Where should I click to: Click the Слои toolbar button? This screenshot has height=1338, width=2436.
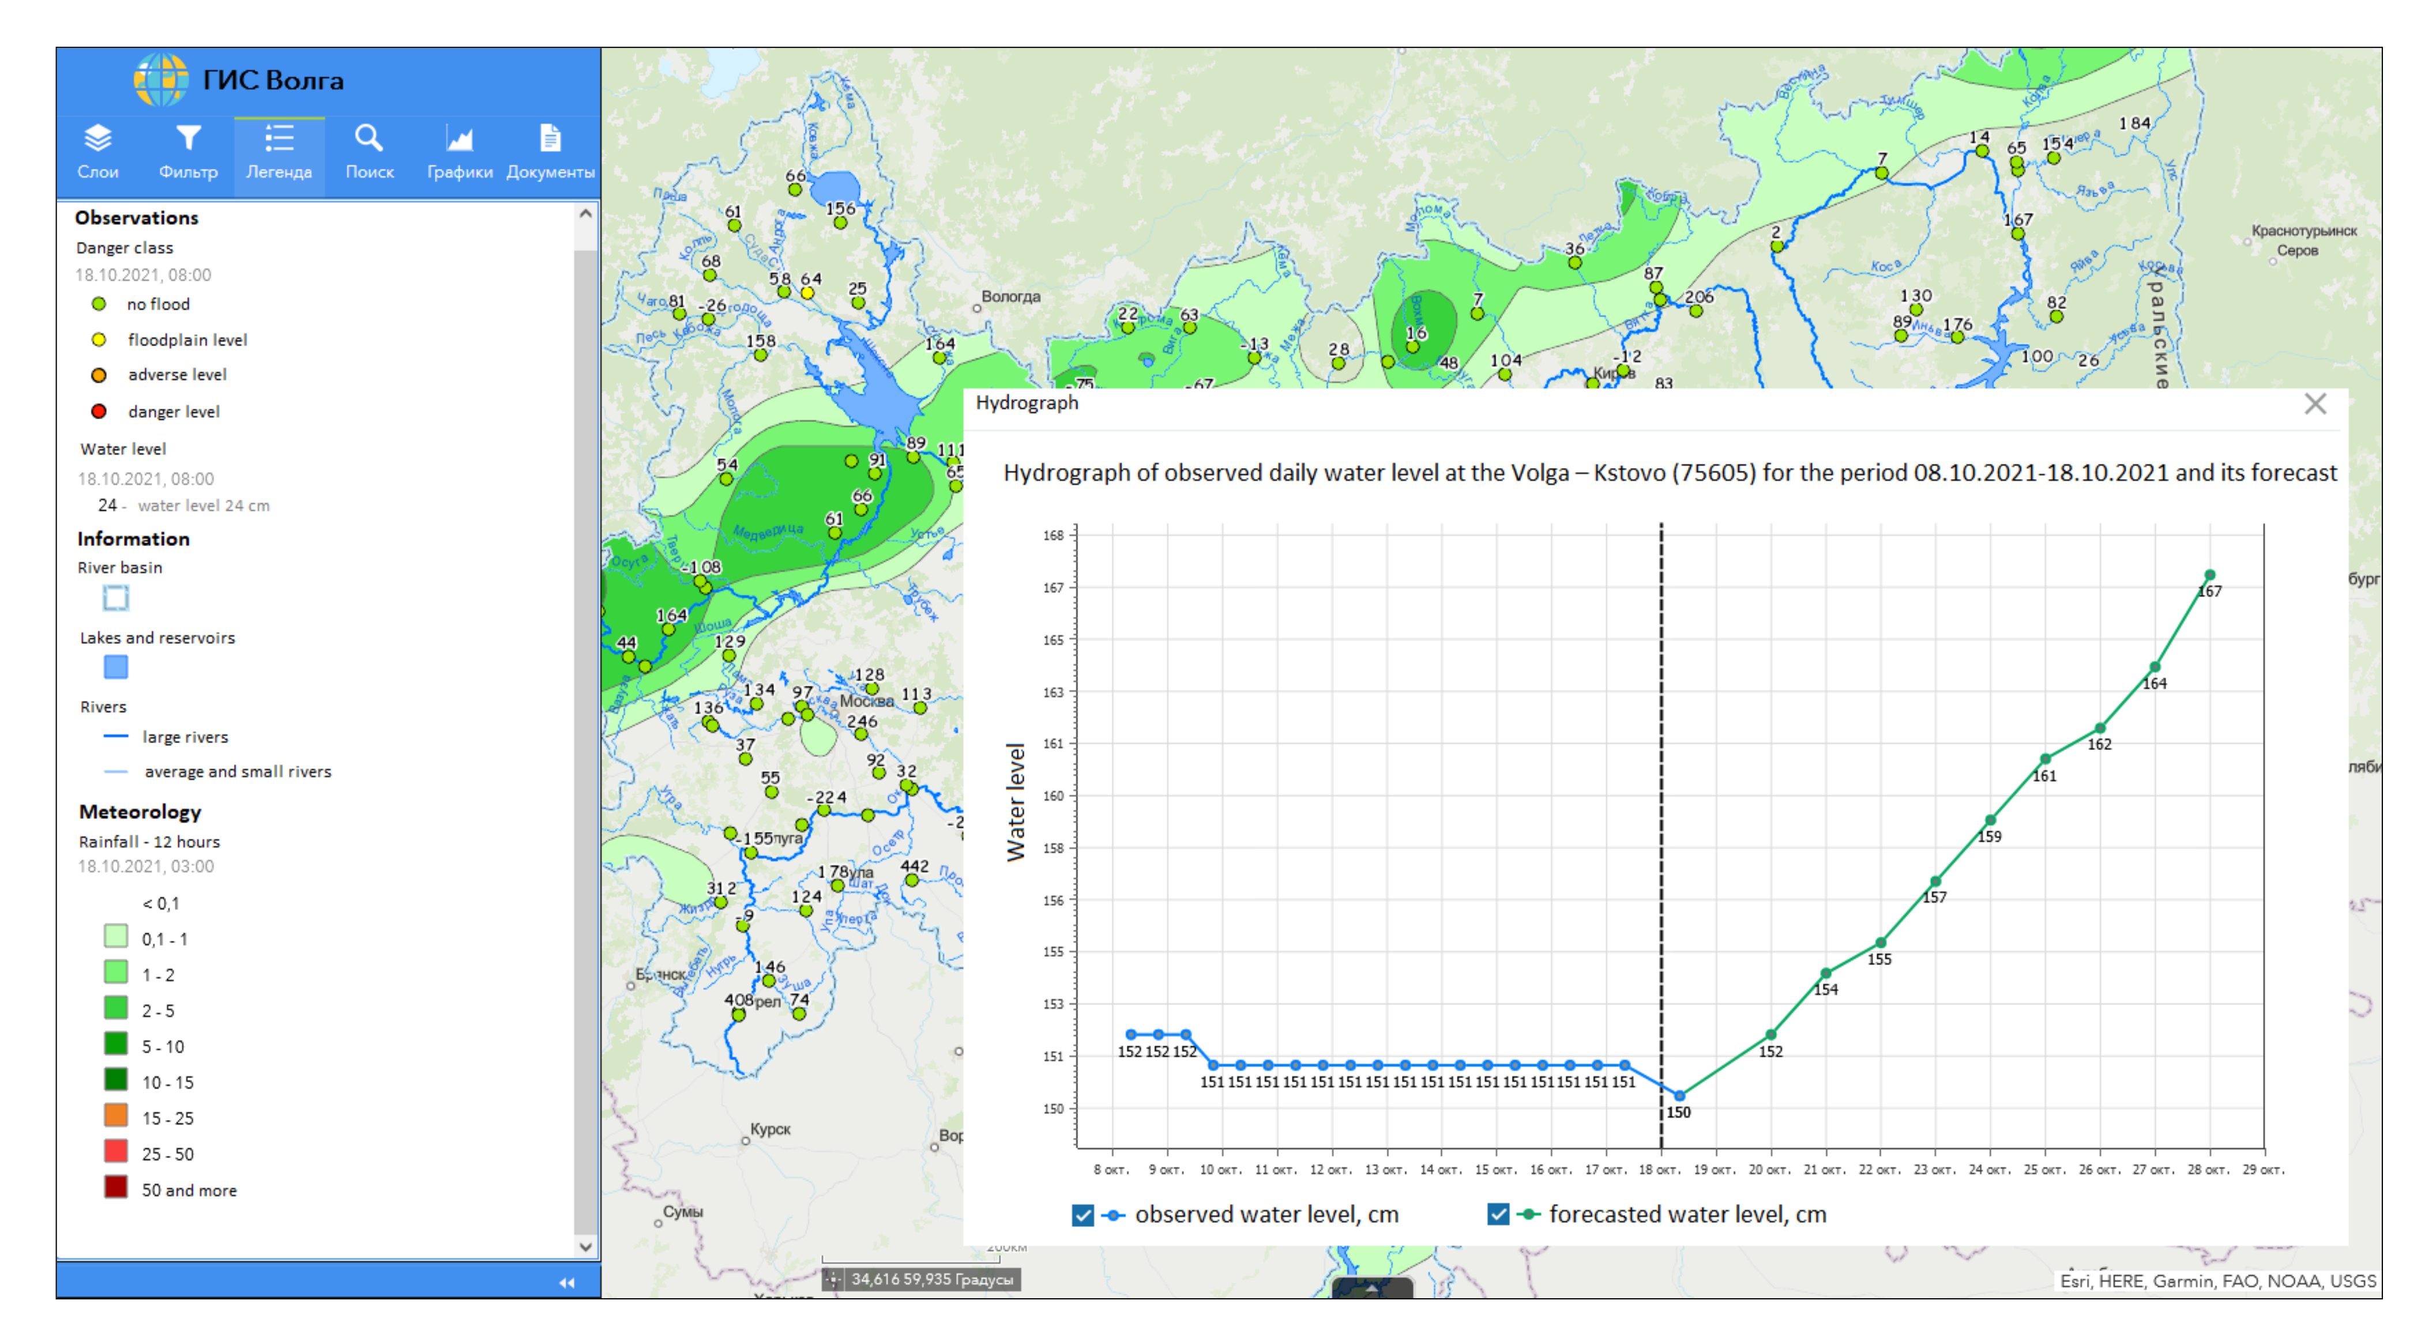97,151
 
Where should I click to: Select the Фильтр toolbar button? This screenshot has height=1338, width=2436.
188,151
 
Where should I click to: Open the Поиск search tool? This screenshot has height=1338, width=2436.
369,151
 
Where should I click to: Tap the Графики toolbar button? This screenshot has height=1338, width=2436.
460,151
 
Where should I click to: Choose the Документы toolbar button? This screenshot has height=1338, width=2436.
550,151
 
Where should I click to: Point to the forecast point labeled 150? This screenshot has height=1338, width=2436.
1679,1096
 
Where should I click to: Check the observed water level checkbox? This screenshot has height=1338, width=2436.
1083,1215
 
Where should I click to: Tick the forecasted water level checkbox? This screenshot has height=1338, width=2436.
1498,1215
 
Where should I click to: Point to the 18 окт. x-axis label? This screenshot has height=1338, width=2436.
1660,1170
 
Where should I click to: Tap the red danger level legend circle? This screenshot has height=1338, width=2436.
99,412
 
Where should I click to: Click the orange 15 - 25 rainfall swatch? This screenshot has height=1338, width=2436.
115,1117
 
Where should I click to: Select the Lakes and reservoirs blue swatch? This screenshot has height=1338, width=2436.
115,668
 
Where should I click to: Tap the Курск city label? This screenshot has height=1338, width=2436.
770,1129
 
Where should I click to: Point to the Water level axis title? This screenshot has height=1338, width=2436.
1016,802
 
